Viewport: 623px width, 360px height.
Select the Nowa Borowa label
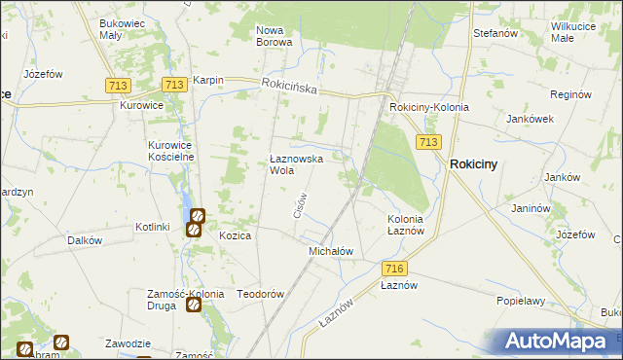(275, 36)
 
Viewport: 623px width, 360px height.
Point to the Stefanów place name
(494, 33)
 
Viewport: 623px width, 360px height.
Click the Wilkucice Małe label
(575, 32)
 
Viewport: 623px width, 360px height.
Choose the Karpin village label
(208, 80)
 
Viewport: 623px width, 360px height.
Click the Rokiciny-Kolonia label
(428, 107)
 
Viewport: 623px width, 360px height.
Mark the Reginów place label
(571, 95)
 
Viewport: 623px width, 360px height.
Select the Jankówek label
(530, 119)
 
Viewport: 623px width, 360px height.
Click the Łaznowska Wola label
(296, 163)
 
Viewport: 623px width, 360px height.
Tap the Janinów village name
(531, 208)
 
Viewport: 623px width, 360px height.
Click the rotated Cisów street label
(300, 203)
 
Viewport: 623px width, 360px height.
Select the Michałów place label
(330, 251)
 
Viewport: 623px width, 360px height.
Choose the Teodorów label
(260, 294)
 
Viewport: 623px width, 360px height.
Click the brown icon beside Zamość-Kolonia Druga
(194, 305)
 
